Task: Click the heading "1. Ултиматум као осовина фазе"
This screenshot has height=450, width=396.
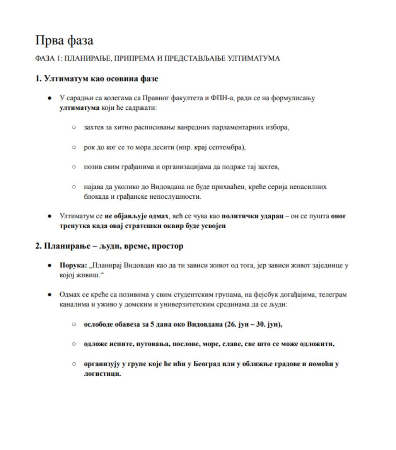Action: (x=97, y=79)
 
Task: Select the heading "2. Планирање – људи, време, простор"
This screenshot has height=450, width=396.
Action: (x=109, y=246)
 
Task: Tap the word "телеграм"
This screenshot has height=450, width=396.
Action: (x=333, y=295)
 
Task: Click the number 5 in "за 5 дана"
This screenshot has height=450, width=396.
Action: (x=153, y=324)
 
